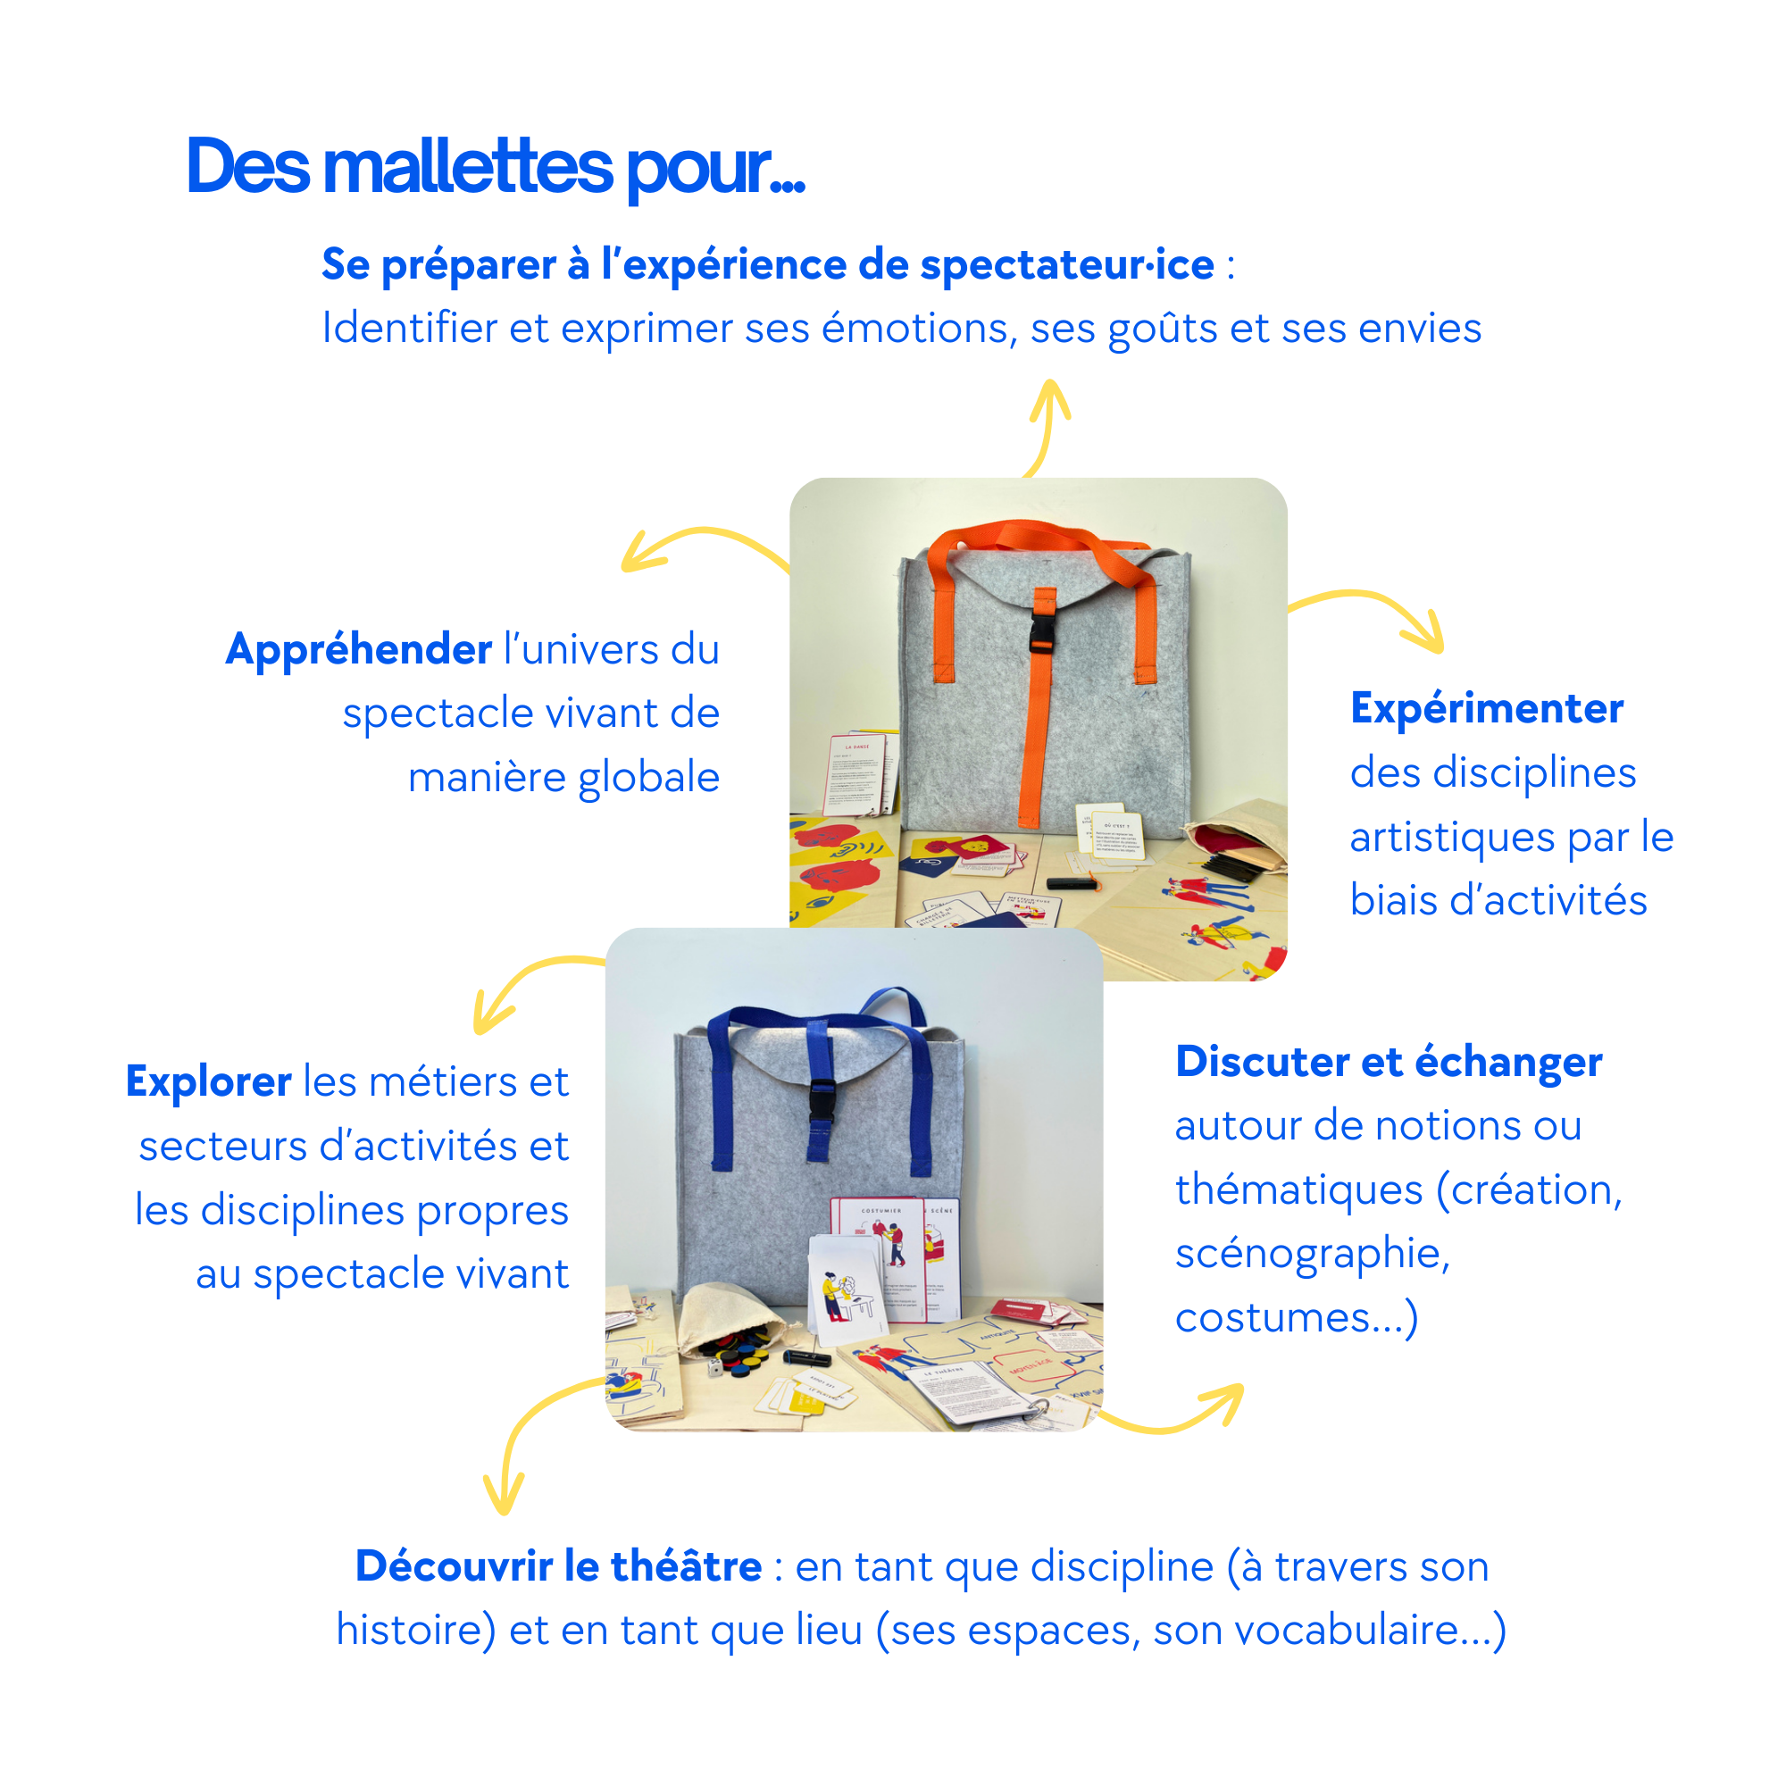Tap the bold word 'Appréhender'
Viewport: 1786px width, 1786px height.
click(x=360, y=650)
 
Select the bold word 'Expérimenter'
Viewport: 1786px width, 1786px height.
click(x=1487, y=709)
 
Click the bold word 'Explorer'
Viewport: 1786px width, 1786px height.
click(x=209, y=1081)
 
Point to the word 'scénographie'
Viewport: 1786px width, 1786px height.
click(x=1313, y=1255)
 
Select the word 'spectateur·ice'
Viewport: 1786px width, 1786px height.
click(x=1067, y=265)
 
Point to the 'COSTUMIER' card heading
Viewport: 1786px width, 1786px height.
click(x=881, y=1210)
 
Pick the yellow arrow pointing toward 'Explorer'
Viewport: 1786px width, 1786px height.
click(x=518, y=989)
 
